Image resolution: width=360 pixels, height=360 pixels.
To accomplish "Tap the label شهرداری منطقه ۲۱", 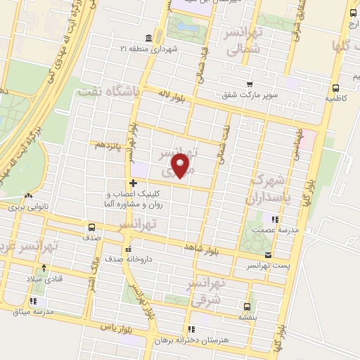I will click(x=173, y=48).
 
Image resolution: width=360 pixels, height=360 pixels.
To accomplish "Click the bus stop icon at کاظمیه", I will click(x=335, y=89).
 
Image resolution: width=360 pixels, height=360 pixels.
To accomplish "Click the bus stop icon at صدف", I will click(x=91, y=227).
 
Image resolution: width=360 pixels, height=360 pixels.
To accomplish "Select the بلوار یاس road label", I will click(x=117, y=328).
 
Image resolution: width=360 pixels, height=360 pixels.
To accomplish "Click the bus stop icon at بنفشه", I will click(x=247, y=307).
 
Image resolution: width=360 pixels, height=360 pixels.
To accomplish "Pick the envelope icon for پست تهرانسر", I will click(x=267, y=255).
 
